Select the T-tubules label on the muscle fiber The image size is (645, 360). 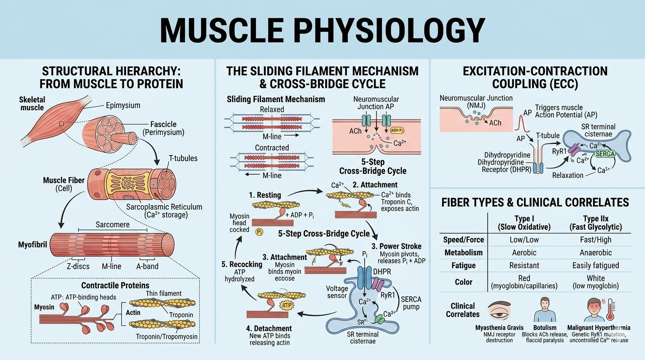click(x=182, y=158)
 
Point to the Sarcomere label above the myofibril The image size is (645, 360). click(x=112, y=225)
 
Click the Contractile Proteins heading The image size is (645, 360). click(x=115, y=285)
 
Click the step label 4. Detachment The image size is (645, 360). click(x=270, y=328)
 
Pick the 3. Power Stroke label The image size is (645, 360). click(x=397, y=246)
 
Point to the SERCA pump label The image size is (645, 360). click(x=411, y=303)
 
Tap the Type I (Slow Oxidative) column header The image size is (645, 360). click(x=523, y=223)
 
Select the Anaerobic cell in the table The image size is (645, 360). click(x=595, y=252)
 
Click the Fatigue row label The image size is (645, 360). click(x=463, y=265)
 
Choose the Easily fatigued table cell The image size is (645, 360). click(x=595, y=265)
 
